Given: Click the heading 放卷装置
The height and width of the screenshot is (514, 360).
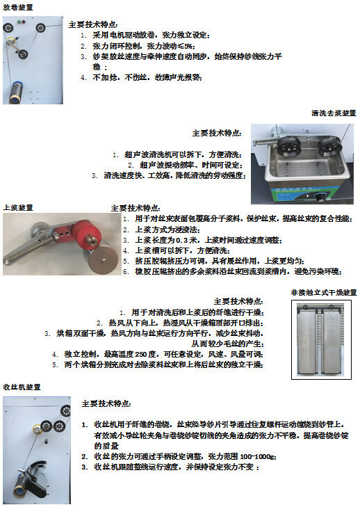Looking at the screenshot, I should tap(17, 6).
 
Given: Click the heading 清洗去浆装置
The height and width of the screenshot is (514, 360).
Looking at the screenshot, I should tap(333, 113).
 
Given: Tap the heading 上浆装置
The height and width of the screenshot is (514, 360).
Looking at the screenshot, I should tap(17, 207).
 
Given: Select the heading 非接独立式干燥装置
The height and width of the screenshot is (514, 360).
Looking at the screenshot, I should tap(324, 293).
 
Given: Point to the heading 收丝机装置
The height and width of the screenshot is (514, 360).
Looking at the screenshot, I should tap(22, 386).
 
